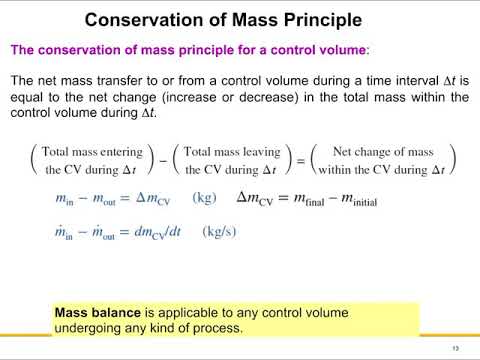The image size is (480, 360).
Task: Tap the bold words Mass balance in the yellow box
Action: (x=98, y=311)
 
